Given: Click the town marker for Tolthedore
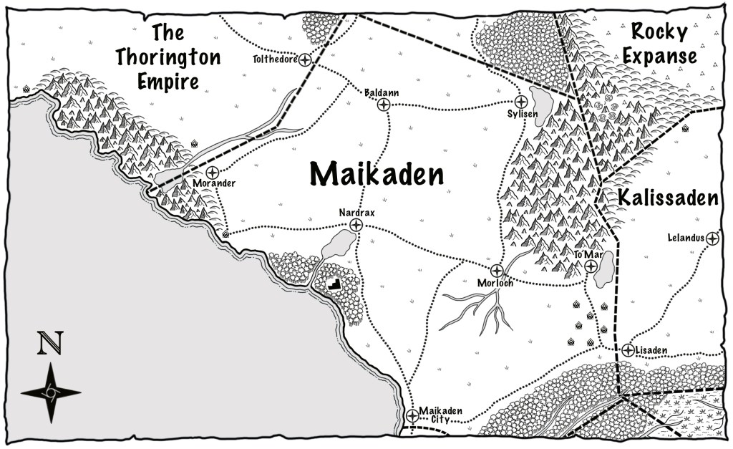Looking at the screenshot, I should [306, 60].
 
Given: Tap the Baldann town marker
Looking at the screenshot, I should [384, 105].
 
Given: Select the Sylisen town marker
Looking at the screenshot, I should [521, 102].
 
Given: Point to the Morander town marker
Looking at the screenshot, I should [213, 173].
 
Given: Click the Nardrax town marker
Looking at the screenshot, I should [356, 226].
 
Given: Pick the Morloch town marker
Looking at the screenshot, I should [496, 271].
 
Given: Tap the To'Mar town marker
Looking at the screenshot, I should [591, 266].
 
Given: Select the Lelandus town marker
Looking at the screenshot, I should [713, 238].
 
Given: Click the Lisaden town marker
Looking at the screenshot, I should [628, 350].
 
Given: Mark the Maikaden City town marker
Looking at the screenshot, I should [412, 415].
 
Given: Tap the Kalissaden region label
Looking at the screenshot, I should [667, 198].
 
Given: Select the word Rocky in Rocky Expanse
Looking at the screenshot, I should [659, 32].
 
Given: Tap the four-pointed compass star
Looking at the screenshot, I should [51, 392].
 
